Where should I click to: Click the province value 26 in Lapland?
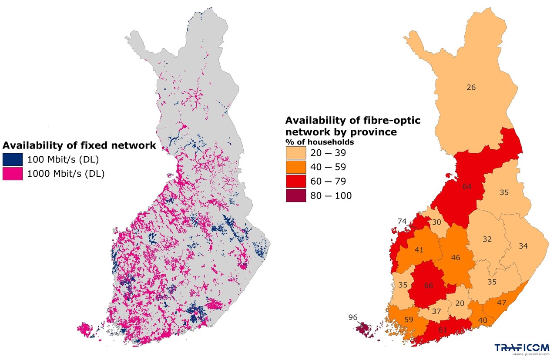pyautogui.click(x=471, y=87)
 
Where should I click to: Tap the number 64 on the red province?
pyautogui.click(x=467, y=187)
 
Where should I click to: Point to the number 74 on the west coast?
pyautogui.click(x=402, y=221)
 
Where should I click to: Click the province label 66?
pyautogui.click(x=429, y=286)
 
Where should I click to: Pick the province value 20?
pyautogui.click(x=460, y=304)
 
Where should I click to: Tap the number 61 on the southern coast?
pyautogui.click(x=443, y=330)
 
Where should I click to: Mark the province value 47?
pyautogui.click(x=502, y=302)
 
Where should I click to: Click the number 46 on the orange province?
pyautogui.click(x=455, y=258)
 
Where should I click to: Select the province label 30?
pyautogui.click(x=436, y=222)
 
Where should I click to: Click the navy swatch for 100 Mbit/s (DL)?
pyautogui.click(x=12, y=159)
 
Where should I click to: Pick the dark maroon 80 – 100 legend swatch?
pyautogui.click(x=296, y=196)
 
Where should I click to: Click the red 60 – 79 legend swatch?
pyautogui.click(x=296, y=182)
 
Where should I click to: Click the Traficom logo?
pyautogui.click(x=521, y=348)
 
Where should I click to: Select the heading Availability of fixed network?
pyautogui.click(x=79, y=145)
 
